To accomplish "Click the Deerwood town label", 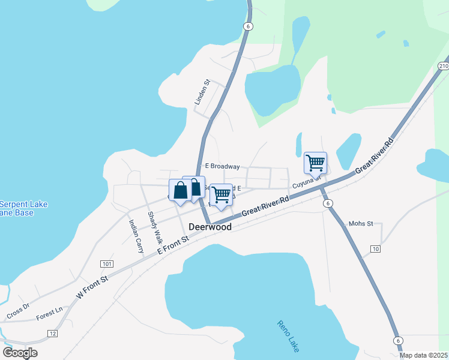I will pyautogui.click(x=210, y=227).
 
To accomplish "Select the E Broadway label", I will pyautogui.click(x=222, y=166).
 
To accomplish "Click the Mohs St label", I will pyautogui.click(x=361, y=224).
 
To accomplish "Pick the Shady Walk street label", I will pyautogui.click(x=154, y=224).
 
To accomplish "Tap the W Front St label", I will pyautogui.click(x=92, y=287).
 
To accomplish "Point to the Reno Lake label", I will pyautogui.click(x=288, y=336).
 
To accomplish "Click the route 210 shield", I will pyautogui.click(x=443, y=66).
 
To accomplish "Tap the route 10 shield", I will pyautogui.click(x=376, y=248).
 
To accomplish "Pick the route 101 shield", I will pyautogui.click(x=107, y=264).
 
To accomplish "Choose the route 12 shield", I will pyautogui.click(x=53, y=333).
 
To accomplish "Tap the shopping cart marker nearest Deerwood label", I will pyautogui.click(x=221, y=195).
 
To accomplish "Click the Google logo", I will pyautogui.click(x=20, y=352).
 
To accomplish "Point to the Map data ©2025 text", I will pyautogui.click(x=423, y=355).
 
